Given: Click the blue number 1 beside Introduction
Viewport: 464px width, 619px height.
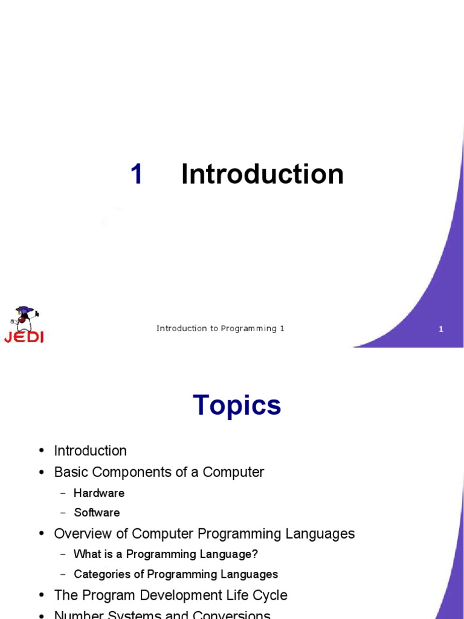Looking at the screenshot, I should point(137,175).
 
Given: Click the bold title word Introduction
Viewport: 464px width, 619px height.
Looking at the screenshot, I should point(262,175).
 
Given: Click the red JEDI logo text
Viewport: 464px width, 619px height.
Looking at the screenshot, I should point(24,337).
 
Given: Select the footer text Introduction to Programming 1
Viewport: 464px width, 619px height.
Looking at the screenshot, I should point(220,329).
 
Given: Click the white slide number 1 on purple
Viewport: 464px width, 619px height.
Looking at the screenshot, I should point(441,329).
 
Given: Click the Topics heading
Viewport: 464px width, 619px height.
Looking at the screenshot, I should point(237,405).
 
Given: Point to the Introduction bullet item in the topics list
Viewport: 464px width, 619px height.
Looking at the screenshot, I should point(90,451).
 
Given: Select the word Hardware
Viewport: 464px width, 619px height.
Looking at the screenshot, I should point(99,493).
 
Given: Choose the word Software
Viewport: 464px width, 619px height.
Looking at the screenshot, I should point(97,513).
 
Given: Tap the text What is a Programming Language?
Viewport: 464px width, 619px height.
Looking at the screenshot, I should point(166,554).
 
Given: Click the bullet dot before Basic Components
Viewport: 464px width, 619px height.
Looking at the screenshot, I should point(42,472).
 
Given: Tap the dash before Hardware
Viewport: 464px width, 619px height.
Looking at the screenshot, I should point(63,493).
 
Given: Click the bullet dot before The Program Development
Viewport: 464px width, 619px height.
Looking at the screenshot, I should point(42,595).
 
